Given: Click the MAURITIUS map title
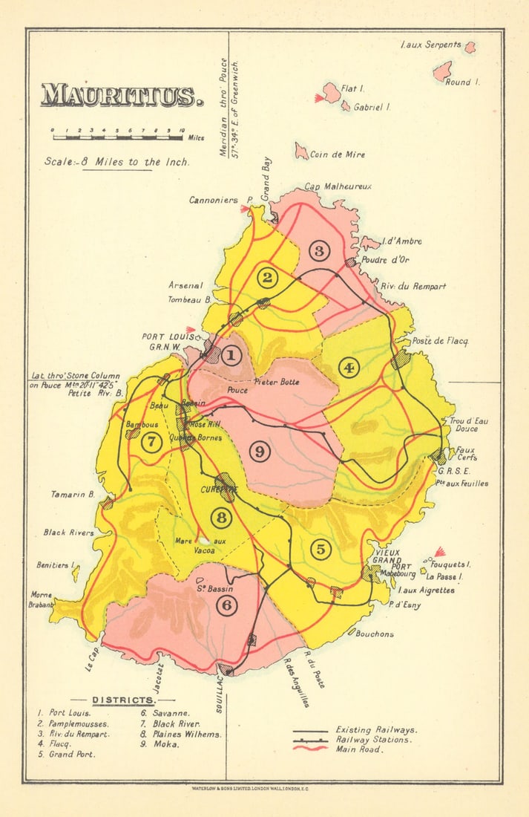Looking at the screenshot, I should (x=122, y=95).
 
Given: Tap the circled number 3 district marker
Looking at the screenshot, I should (x=319, y=251).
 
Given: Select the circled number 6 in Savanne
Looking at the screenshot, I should (x=227, y=605).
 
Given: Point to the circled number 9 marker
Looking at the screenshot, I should (x=259, y=451).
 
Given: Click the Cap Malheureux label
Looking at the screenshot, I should (x=338, y=186).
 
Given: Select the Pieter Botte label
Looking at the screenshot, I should (x=276, y=382).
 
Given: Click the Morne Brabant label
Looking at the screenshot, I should (x=42, y=599).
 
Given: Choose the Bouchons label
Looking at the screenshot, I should (x=375, y=634).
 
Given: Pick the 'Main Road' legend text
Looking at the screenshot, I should (x=359, y=749).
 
